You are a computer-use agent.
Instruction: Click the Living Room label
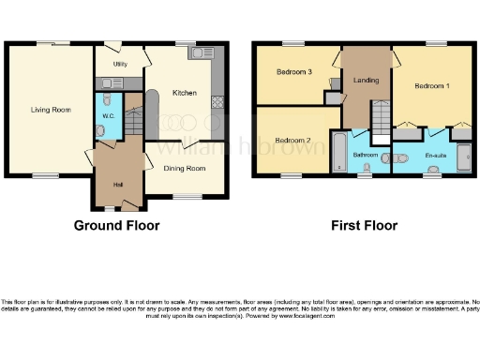pyautogui.click(x=50, y=110)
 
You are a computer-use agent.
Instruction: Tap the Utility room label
pyautogui.click(x=120, y=64)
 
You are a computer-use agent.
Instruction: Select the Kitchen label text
pyautogui.click(x=183, y=92)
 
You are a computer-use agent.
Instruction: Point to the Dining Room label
pyautogui.click(x=184, y=168)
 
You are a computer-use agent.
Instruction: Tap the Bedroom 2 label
pyautogui.click(x=294, y=141)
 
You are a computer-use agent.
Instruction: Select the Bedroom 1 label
pyautogui.click(x=433, y=86)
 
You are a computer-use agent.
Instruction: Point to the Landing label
pyautogui.click(x=366, y=81)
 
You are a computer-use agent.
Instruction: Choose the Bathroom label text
pyautogui.click(x=364, y=154)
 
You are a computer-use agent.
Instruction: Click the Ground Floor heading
pyautogui.click(x=117, y=225)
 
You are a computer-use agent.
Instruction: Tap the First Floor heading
pyautogui.click(x=364, y=225)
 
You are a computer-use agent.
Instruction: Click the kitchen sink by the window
pyautogui.click(x=202, y=53)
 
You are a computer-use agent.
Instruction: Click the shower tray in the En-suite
pyautogui.click(x=463, y=152)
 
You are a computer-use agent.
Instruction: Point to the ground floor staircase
pyautogui.click(x=133, y=120)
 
